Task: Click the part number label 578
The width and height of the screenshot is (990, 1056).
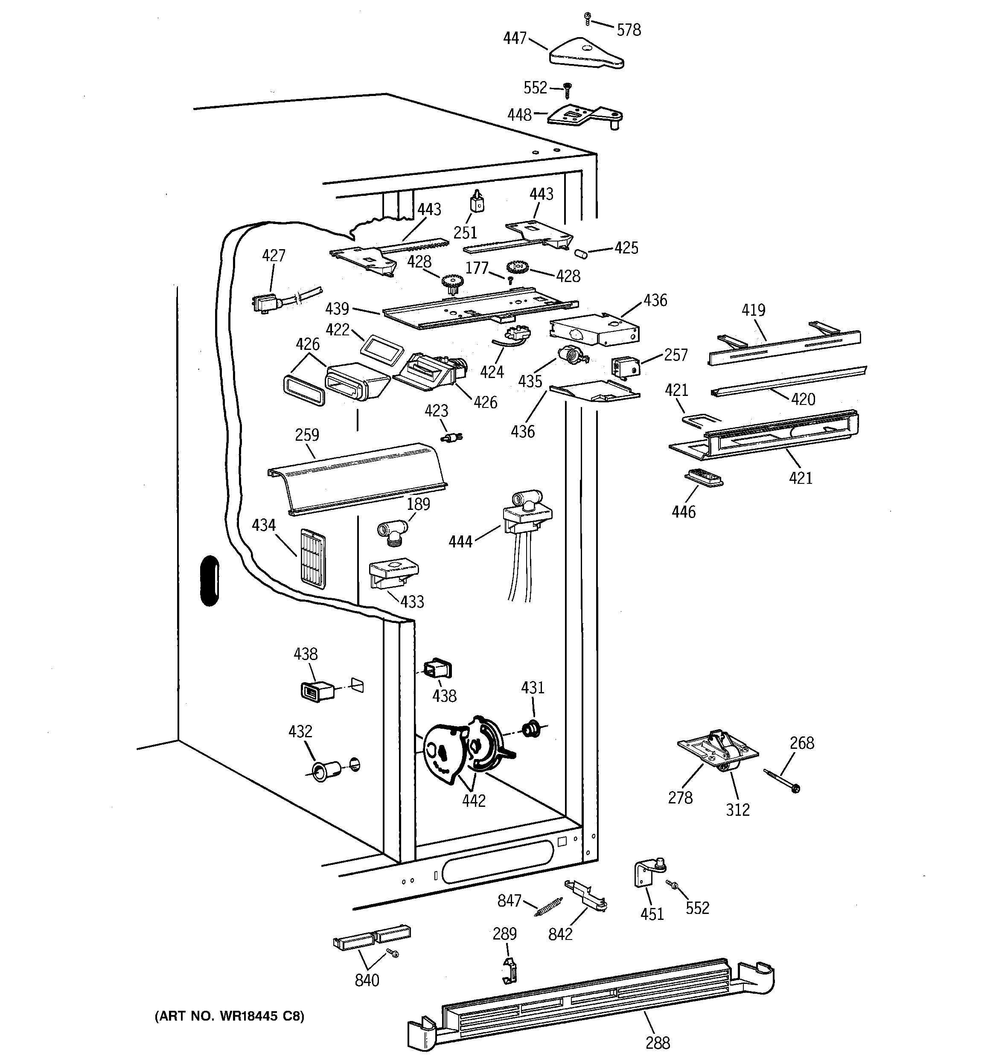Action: click(629, 30)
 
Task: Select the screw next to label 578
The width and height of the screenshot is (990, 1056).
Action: click(588, 19)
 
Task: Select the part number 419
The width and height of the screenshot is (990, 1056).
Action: click(754, 310)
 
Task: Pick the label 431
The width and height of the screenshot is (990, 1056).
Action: click(533, 688)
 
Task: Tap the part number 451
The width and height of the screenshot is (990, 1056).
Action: click(652, 913)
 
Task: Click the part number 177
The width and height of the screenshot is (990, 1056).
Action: click(477, 268)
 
